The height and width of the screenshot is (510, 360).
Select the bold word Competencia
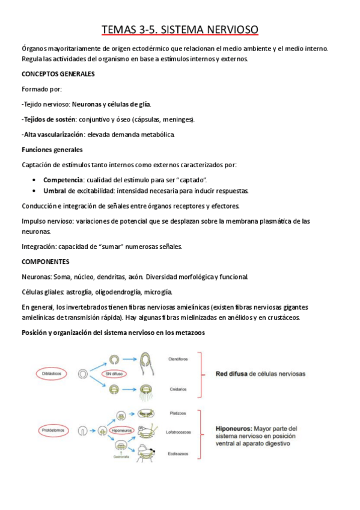tap(63, 180)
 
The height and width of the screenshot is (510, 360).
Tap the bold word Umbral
tap(55, 191)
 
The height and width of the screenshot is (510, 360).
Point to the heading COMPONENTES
tap(46, 262)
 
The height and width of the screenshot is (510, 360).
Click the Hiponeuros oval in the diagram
tap(123, 431)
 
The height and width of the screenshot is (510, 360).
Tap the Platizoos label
tap(177, 413)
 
